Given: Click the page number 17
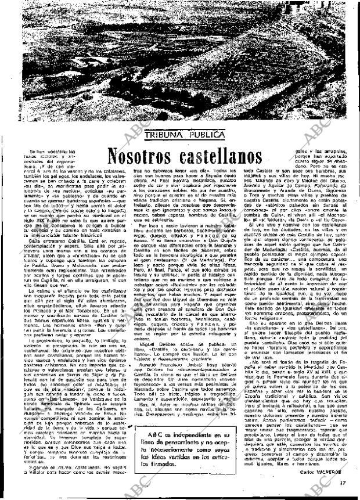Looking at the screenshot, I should [x=344, y=481].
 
